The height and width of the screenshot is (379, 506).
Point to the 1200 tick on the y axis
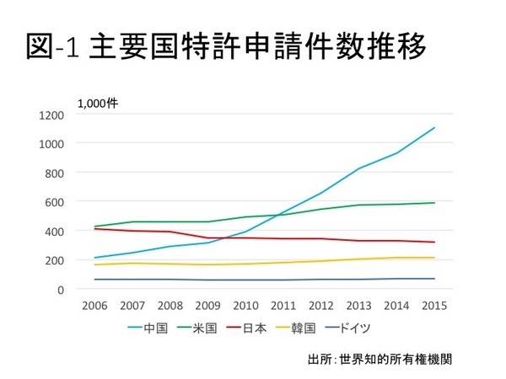click(x=52, y=114)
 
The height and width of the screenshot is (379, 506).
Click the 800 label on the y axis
click(x=55, y=172)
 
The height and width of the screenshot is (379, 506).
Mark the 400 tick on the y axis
click(x=55, y=231)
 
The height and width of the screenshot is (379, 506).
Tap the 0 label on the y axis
click(x=61, y=289)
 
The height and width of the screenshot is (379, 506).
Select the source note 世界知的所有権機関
click(x=396, y=360)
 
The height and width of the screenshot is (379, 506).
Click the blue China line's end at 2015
click(x=434, y=128)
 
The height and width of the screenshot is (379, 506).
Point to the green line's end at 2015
click(x=434, y=203)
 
